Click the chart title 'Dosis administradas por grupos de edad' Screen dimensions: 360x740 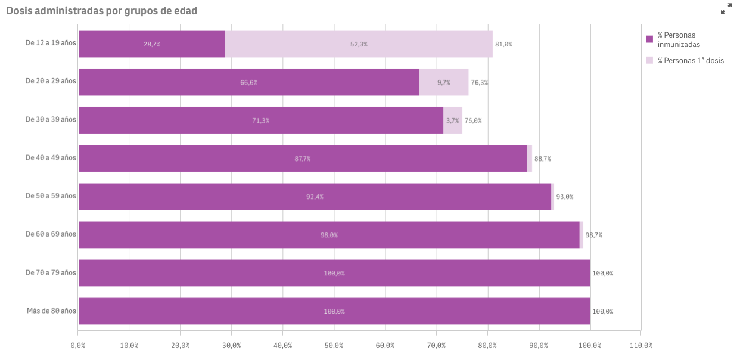(101, 11)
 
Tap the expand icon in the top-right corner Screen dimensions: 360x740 (726, 9)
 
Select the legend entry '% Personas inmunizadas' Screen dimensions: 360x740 (678, 39)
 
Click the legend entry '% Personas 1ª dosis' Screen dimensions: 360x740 (690, 60)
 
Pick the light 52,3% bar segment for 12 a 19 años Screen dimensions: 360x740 (359, 44)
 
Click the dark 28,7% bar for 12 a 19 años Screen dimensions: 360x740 (151, 44)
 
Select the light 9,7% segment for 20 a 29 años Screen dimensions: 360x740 (443, 82)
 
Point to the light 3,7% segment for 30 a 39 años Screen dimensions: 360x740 (452, 120)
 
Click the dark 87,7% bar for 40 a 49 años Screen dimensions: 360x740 (302, 159)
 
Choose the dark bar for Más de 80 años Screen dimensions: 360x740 (334, 311)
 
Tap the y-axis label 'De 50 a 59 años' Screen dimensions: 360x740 (51, 196)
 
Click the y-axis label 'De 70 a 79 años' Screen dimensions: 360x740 (51, 272)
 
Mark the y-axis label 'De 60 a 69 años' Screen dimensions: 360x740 (51, 234)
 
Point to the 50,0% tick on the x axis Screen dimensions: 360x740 (334, 346)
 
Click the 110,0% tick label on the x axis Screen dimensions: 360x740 (641, 346)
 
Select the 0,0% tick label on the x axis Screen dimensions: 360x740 (78, 346)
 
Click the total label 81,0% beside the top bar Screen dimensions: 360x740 (503, 44)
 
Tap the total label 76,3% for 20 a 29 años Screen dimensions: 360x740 (479, 82)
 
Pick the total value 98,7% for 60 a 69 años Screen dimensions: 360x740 (593, 235)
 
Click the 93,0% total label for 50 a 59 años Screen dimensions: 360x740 (565, 197)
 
